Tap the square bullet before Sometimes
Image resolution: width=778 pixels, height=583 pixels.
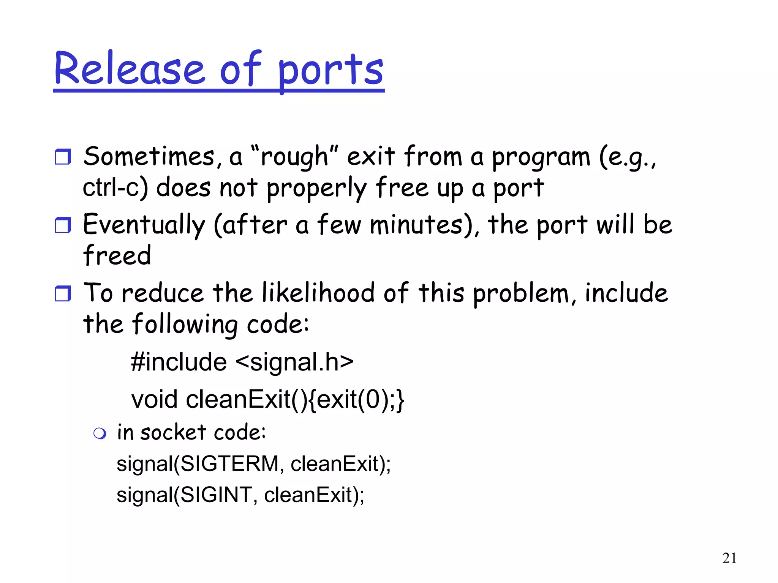pyautogui.click(x=63, y=157)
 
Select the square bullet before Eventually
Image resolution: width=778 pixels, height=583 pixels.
pyautogui.click(x=63, y=225)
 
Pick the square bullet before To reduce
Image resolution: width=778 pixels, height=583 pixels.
pyautogui.click(x=63, y=293)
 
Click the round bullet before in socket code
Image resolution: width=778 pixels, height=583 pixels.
pyautogui.click(x=100, y=433)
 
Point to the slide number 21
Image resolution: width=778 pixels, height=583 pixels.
pyautogui.click(x=729, y=558)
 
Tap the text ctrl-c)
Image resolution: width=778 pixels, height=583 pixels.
pyautogui.click(x=115, y=188)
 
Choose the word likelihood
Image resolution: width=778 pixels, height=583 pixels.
pyautogui.click(x=318, y=293)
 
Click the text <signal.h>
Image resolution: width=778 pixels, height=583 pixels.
pyautogui.click(x=294, y=362)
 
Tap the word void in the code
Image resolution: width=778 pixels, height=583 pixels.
pyautogui.click(x=154, y=400)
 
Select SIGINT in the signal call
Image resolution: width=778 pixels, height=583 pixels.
pyautogui.click(x=215, y=495)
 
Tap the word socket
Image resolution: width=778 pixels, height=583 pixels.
pyautogui.click(x=173, y=433)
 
